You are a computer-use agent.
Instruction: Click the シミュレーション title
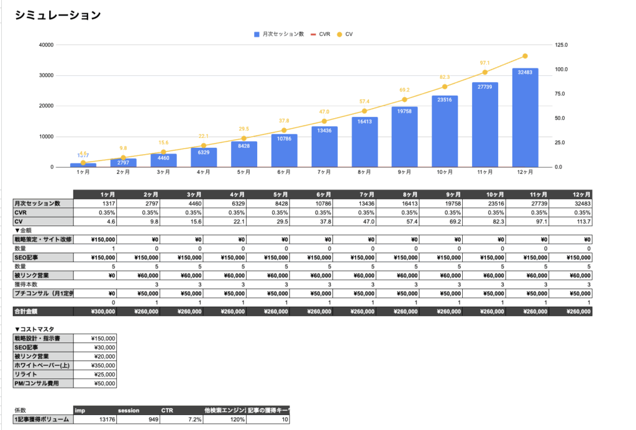click(57, 16)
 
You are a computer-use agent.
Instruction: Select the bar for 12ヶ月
click(525, 117)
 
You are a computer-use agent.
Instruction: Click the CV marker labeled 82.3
click(444, 86)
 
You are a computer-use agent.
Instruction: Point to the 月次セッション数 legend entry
click(279, 34)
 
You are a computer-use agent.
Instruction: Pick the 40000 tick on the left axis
click(45, 45)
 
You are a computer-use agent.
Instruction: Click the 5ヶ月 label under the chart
click(243, 173)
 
